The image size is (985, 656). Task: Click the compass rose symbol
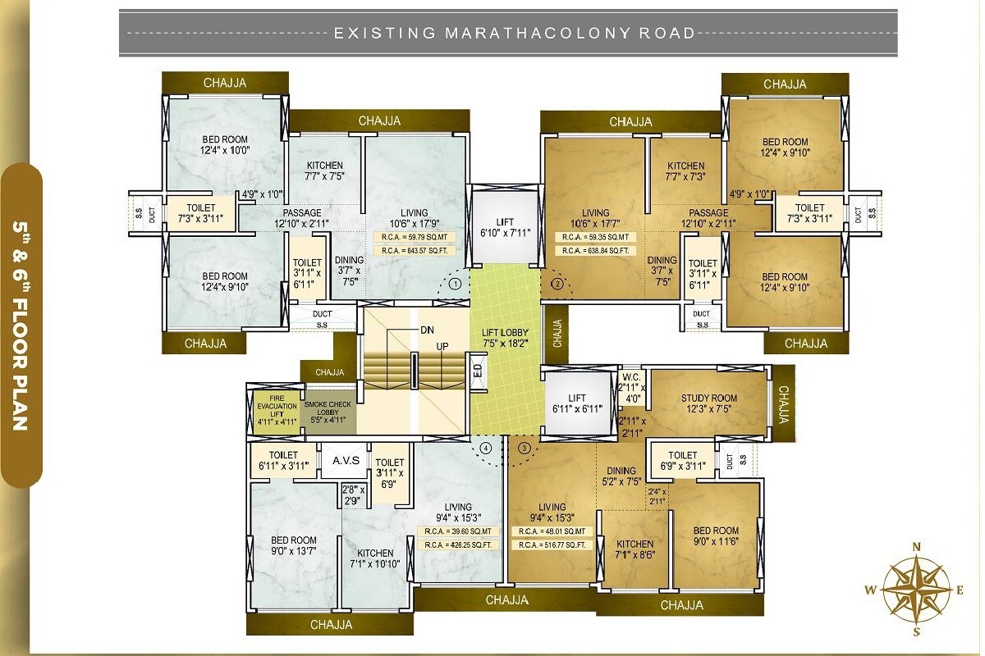917,586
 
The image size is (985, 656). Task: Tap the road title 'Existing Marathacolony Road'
514,34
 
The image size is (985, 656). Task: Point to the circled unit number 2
557,285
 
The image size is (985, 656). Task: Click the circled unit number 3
525,448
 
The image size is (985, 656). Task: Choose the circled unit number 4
486,448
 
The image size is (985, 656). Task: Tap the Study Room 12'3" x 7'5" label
708,404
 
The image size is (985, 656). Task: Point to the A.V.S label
346,460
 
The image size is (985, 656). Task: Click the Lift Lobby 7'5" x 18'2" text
506,338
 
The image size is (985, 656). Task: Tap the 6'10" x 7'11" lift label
505,227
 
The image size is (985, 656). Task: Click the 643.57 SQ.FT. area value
414,251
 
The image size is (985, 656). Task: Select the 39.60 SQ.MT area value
459,531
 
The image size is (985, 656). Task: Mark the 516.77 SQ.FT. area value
552,544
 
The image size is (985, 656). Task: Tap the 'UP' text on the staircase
442,347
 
